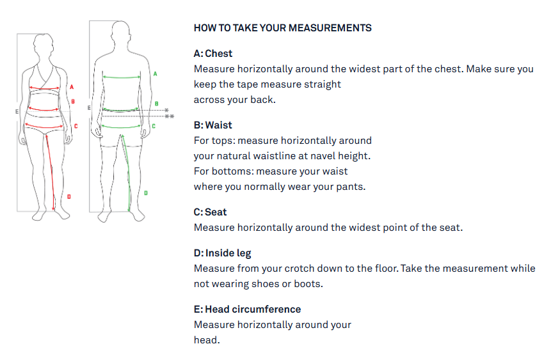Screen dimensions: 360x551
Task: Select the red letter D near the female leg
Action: click(69, 196)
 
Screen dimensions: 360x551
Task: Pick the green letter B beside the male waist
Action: click(157, 103)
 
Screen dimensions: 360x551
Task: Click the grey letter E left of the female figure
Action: click(17, 111)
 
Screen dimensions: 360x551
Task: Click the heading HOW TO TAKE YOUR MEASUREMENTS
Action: click(282, 28)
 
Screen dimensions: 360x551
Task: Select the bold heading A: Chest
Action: click(213, 54)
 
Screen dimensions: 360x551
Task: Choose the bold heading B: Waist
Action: click(213, 125)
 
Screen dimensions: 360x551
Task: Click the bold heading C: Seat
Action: click(210, 212)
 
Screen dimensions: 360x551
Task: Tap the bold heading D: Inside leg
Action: click(223, 253)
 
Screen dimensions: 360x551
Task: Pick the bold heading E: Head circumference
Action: click(247, 309)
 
